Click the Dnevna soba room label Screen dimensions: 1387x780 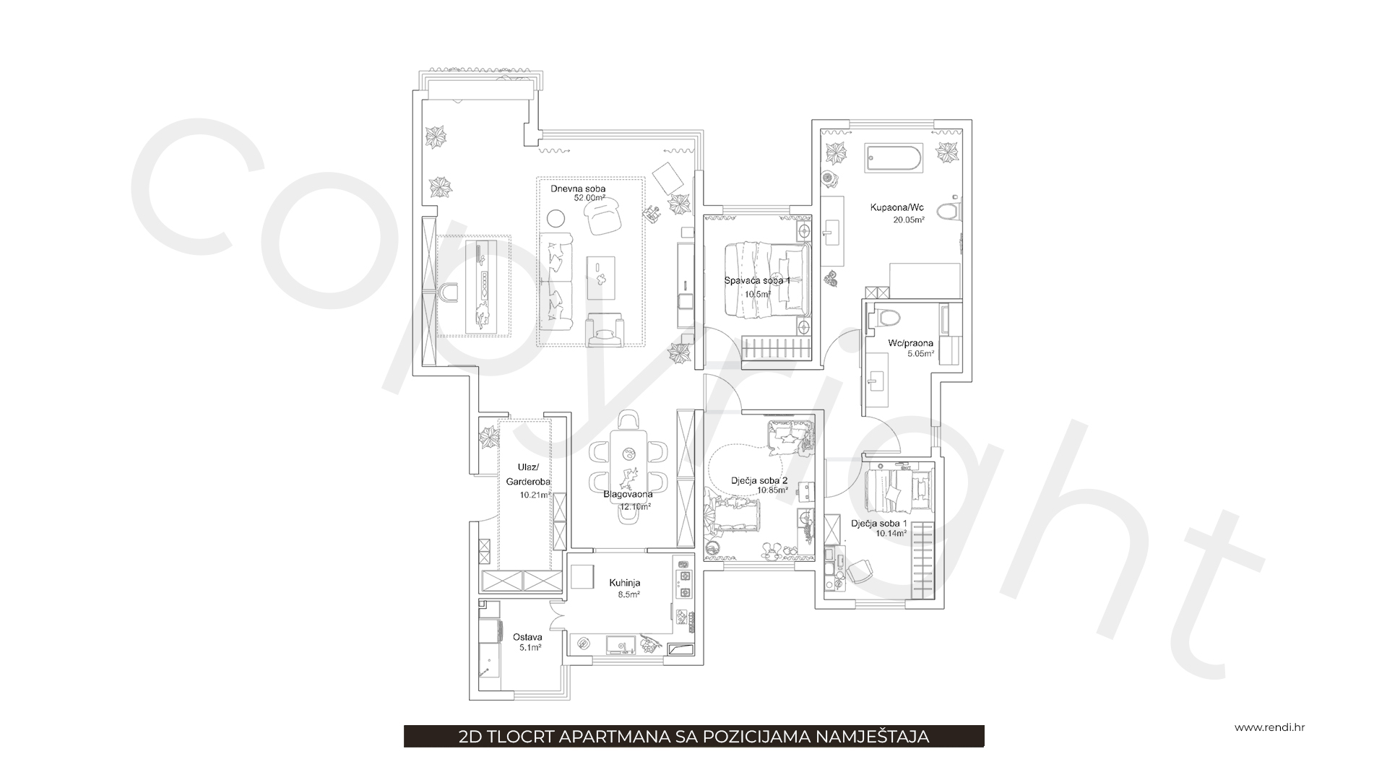point(578,188)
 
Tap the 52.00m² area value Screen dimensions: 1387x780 point(589,198)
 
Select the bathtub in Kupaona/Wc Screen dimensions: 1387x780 point(893,158)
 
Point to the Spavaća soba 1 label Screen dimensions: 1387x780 point(757,280)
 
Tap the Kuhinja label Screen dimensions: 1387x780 point(624,583)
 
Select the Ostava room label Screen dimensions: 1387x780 point(527,638)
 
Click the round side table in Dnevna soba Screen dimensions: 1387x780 point(556,218)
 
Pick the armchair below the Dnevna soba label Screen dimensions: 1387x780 point(604,216)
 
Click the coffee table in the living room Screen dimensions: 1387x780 point(601,278)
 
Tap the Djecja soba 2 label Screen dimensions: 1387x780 point(759,480)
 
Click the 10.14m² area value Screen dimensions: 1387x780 point(891,534)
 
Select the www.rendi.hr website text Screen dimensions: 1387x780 point(1269,727)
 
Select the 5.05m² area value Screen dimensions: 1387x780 point(921,354)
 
